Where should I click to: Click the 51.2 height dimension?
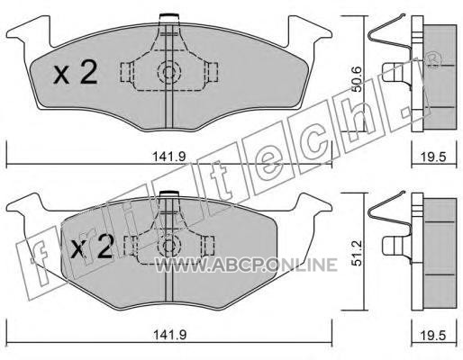(357, 253)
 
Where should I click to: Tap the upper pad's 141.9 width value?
(169, 157)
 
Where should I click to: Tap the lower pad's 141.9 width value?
(169, 335)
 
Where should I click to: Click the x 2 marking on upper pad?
(75, 72)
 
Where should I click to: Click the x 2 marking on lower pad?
(92, 247)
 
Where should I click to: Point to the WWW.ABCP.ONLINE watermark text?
(246, 265)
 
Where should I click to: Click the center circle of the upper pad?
(169, 72)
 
